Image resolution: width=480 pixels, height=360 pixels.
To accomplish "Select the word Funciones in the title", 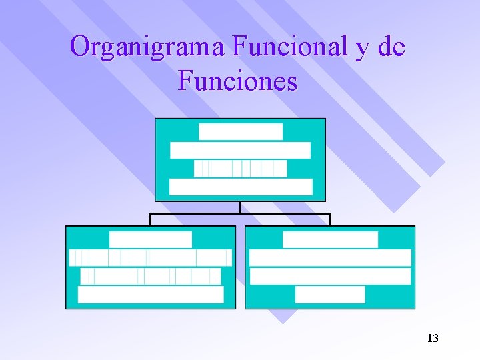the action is point(238,81).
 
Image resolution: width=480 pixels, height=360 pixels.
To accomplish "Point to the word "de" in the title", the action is point(391,47).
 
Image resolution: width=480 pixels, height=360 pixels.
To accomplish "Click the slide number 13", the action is point(432,339).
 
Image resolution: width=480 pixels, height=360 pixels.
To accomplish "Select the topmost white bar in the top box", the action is point(241,131).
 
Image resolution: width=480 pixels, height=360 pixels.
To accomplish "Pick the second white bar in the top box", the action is point(240,150).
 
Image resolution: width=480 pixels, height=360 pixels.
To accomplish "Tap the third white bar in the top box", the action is point(240,169).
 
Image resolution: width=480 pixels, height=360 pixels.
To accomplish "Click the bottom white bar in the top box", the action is point(241,187).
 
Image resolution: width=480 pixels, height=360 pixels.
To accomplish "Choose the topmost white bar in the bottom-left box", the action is point(151,239).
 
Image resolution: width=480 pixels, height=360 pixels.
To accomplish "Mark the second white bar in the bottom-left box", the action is point(151,258).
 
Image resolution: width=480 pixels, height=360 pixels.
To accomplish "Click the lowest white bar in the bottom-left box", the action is point(151,295).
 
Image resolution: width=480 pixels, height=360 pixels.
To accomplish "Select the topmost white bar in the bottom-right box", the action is point(330,239).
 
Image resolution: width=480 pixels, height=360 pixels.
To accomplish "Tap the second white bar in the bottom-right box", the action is point(330,258).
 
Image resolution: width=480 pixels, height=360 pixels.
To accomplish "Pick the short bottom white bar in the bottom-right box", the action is point(330,295).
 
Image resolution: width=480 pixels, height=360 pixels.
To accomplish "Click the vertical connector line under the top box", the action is point(240,207).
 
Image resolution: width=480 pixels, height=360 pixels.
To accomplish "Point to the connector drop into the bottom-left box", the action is point(150,220).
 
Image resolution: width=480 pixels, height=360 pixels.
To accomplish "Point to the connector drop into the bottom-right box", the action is point(330,220).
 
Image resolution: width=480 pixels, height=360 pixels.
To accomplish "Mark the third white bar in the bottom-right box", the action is point(330,276).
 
